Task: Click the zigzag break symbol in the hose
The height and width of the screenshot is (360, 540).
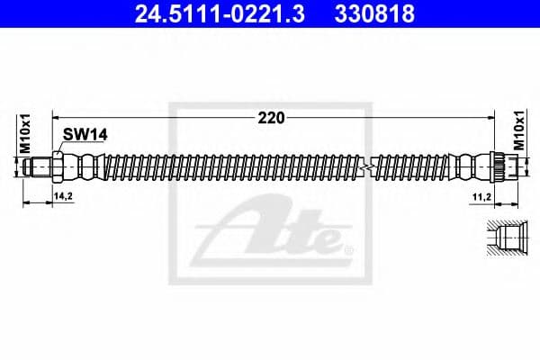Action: click(364, 167)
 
